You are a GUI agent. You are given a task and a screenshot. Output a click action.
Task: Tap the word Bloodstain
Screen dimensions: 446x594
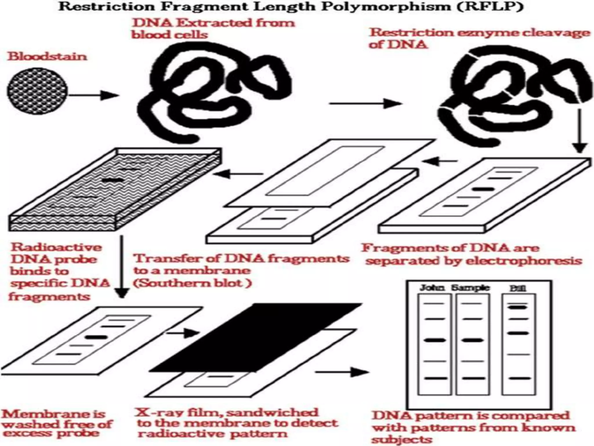click(x=47, y=56)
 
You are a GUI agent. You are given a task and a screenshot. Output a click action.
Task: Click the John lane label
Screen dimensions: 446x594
click(x=432, y=288)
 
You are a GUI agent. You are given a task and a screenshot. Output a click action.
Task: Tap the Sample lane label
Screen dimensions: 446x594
click(x=470, y=288)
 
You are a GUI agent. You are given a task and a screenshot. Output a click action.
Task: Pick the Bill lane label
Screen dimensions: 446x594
click(x=518, y=288)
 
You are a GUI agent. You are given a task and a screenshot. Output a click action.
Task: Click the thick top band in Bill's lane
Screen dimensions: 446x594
click(x=518, y=307)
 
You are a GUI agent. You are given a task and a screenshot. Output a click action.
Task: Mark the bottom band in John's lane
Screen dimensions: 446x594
click(x=434, y=378)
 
